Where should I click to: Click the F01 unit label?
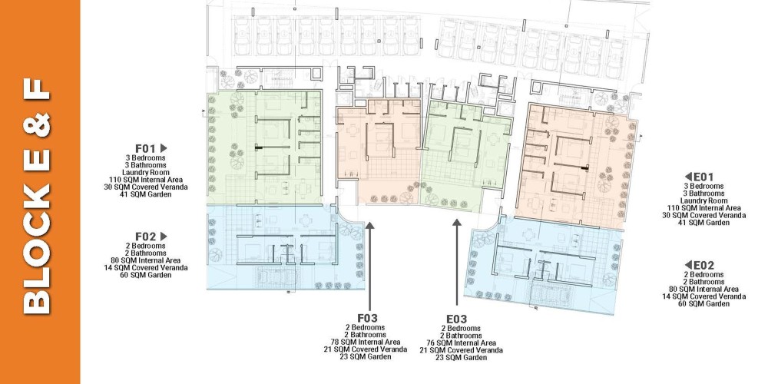tap(145, 148)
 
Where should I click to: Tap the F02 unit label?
tap(145, 237)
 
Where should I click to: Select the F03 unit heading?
tap(367, 319)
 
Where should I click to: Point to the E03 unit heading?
tap(456, 319)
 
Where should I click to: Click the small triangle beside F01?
tap(164, 148)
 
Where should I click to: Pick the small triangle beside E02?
tap(688, 266)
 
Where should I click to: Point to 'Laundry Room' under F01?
tap(146, 172)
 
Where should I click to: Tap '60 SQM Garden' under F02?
tap(146, 275)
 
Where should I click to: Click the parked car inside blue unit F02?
tap(274, 278)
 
